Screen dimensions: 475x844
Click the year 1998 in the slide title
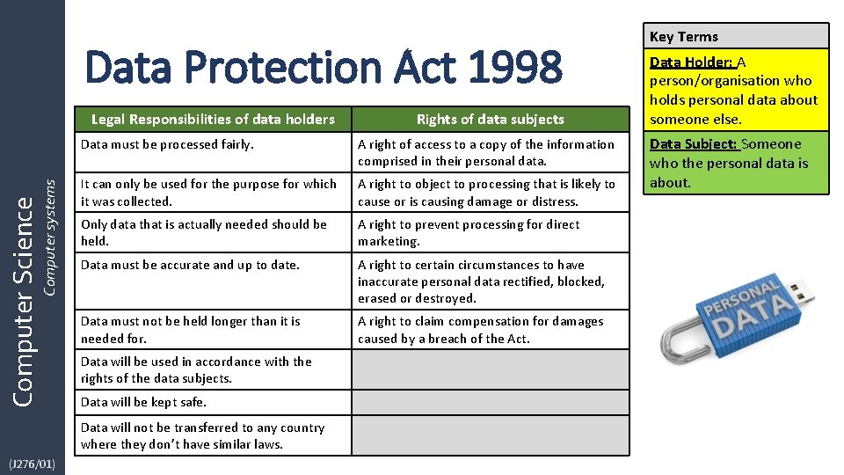coord(513,68)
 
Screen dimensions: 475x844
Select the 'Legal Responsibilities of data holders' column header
coord(213,119)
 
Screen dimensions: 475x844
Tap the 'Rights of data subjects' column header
coord(491,119)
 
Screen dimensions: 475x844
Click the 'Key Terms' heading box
coord(737,36)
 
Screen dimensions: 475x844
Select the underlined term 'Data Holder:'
coord(691,62)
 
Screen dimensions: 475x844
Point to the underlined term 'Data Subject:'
coord(694,144)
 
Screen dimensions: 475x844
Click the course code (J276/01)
coord(33,464)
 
